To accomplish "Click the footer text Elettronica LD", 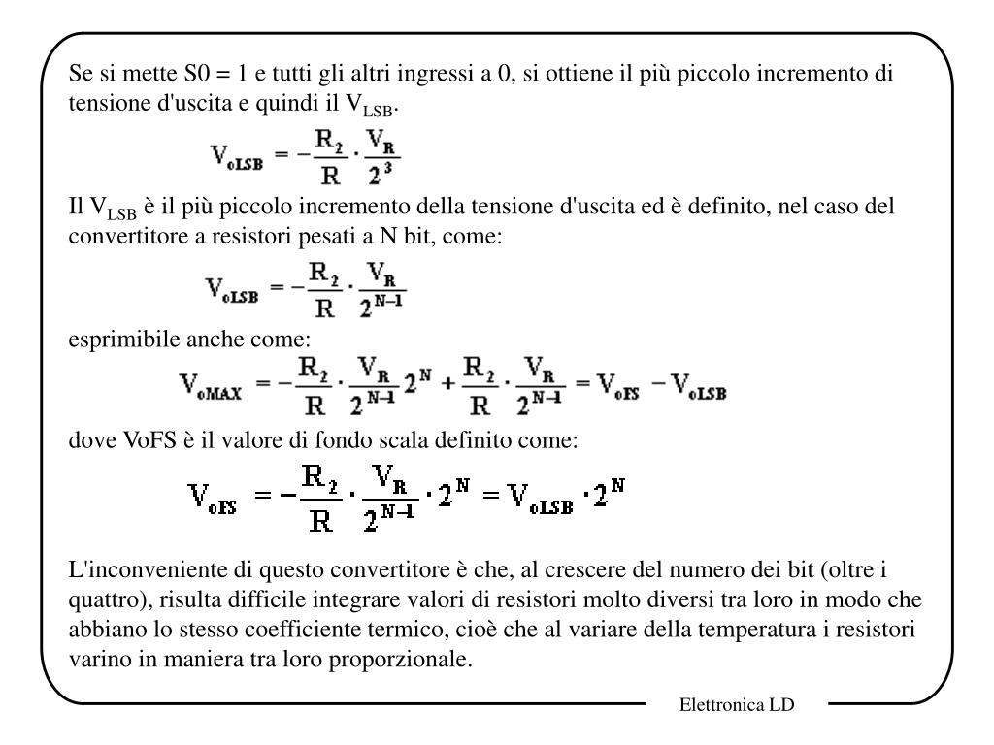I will coord(736,705).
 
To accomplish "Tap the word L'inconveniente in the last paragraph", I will coord(124,567).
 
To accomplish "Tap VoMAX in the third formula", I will coord(213,389).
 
